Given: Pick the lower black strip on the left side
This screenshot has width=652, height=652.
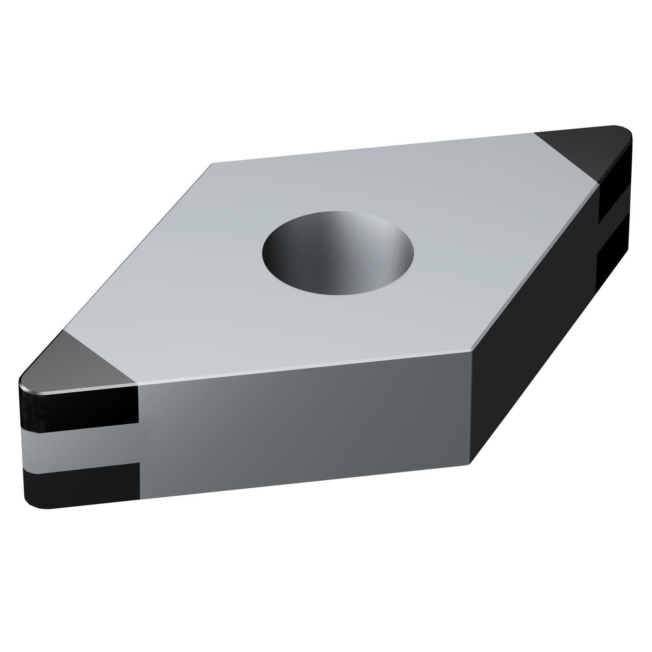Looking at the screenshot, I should coord(83,483).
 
